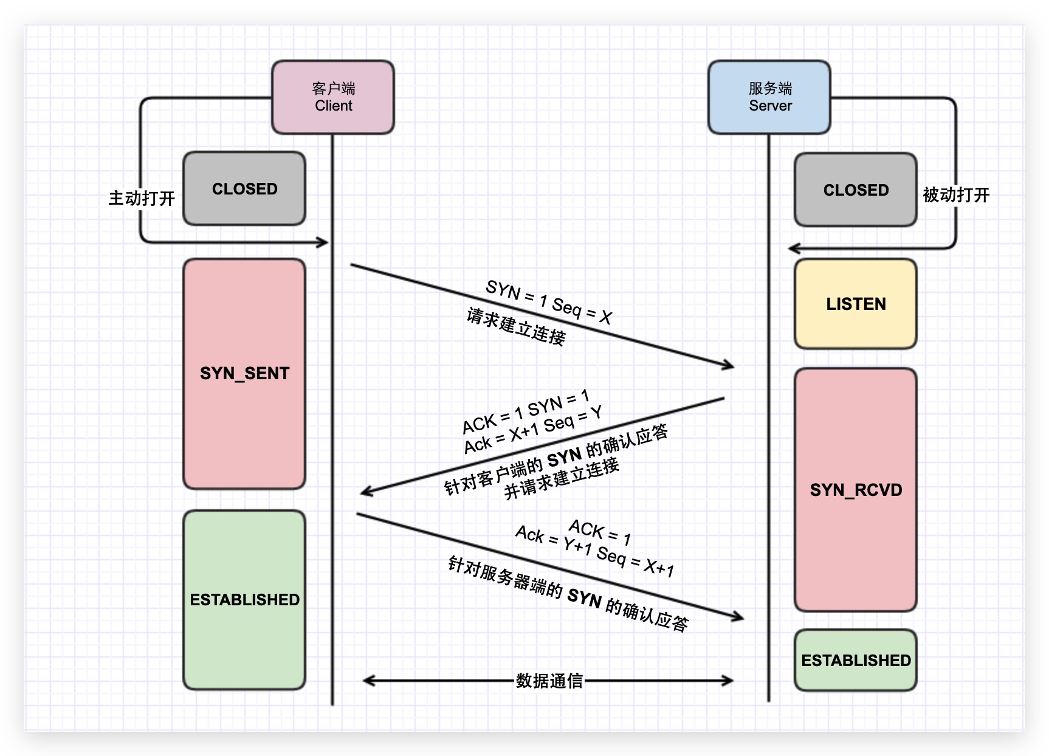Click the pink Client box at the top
click(x=333, y=97)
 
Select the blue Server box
click(x=769, y=97)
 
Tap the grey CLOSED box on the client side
click(x=244, y=189)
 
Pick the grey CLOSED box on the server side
click(x=856, y=190)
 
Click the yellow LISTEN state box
click(x=856, y=304)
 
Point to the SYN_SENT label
click(x=244, y=373)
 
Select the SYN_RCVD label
click(x=856, y=490)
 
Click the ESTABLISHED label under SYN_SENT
click(x=244, y=600)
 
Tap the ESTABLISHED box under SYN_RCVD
click(x=856, y=661)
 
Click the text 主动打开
click(x=142, y=198)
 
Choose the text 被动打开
click(x=956, y=195)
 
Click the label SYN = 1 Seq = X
click(x=548, y=302)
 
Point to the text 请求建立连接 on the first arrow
click(x=515, y=327)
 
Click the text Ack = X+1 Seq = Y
click(x=532, y=430)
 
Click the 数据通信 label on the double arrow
click(x=549, y=681)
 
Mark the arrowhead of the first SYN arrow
click(x=729, y=365)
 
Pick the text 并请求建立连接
click(x=562, y=479)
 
